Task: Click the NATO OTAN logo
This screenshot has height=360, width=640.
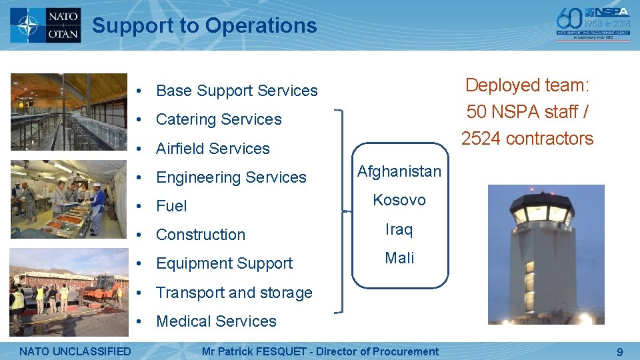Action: coord(45,25)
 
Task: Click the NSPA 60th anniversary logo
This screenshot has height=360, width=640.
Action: coord(593,25)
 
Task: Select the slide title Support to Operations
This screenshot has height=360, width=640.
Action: coord(204,26)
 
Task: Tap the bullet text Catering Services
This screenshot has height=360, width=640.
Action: coord(219,119)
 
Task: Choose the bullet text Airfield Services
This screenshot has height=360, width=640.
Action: coord(213,149)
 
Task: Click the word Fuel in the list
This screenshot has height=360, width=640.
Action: coord(171,206)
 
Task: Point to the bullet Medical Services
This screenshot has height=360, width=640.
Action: coord(216,321)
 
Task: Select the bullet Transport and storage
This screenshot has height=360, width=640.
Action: coord(234,293)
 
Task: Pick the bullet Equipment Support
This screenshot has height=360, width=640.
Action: coord(224,263)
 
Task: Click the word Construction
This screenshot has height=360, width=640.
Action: coord(201,235)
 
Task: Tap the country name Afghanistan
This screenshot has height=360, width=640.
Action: coord(399,171)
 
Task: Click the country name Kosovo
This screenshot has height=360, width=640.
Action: coord(399,200)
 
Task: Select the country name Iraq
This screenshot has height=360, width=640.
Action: coord(399,229)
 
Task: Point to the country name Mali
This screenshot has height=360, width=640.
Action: coord(399,258)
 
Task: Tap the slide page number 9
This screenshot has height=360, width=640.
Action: coord(619,352)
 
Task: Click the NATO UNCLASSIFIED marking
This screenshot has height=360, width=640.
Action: coord(75,351)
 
